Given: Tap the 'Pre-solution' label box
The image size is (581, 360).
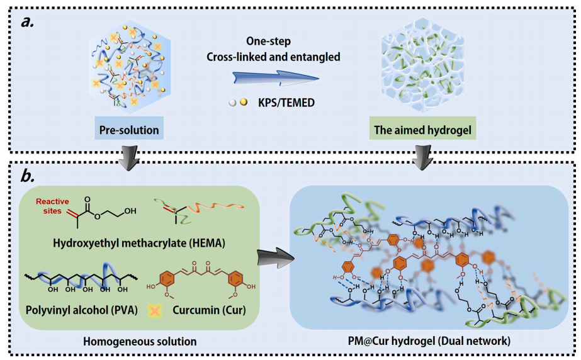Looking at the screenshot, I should pyautogui.click(x=129, y=131).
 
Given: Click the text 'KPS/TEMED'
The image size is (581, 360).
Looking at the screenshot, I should pyautogui.click(x=282, y=101).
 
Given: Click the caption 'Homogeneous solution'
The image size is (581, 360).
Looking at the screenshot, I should pyautogui.click(x=140, y=341).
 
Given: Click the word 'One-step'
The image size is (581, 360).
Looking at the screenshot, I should pyautogui.click(x=273, y=41).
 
